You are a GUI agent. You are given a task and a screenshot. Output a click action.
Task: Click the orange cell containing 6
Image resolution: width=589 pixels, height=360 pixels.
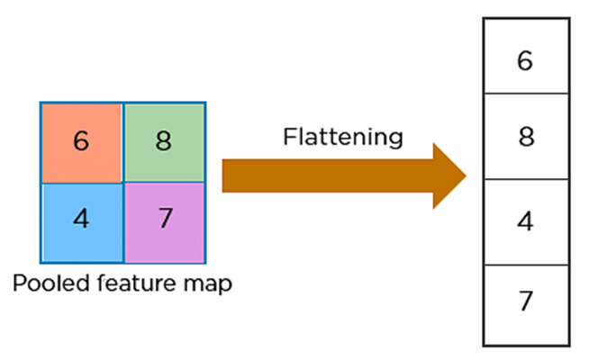pyautogui.click(x=81, y=142)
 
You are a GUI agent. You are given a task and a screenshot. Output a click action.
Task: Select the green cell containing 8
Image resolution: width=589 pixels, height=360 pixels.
pyautogui.click(x=164, y=142)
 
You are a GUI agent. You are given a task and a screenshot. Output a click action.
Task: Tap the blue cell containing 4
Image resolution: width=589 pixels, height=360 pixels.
pyautogui.click(x=81, y=220)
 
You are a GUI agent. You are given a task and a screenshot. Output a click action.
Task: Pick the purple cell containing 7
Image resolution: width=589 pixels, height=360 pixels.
pyautogui.click(x=164, y=220)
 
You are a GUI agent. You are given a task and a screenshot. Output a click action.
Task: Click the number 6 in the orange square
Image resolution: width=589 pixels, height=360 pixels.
pyautogui.click(x=81, y=142)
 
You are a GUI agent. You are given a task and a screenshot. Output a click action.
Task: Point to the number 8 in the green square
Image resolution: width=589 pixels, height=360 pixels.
pyautogui.click(x=164, y=142)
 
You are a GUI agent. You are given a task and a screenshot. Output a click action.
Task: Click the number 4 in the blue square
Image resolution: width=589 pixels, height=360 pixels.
pyautogui.click(x=81, y=220)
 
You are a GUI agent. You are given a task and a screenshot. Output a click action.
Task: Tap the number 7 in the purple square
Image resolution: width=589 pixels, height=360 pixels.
pyautogui.click(x=164, y=220)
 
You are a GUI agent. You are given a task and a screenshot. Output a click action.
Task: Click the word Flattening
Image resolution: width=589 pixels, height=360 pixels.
pyautogui.click(x=342, y=138)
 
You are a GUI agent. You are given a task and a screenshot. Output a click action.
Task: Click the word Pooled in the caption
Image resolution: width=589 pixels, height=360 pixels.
pyautogui.click(x=44, y=284)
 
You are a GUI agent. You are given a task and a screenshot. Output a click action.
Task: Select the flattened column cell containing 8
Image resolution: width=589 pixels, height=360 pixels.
pyautogui.click(x=527, y=137)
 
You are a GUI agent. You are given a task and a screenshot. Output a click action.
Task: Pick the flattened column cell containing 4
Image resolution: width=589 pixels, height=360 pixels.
pyautogui.click(x=527, y=222)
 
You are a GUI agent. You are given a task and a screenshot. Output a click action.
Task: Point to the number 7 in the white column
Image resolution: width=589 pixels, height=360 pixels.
pyautogui.click(x=527, y=301)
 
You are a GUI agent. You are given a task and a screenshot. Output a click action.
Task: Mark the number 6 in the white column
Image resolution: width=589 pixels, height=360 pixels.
pyautogui.click(x=527, y=61)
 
